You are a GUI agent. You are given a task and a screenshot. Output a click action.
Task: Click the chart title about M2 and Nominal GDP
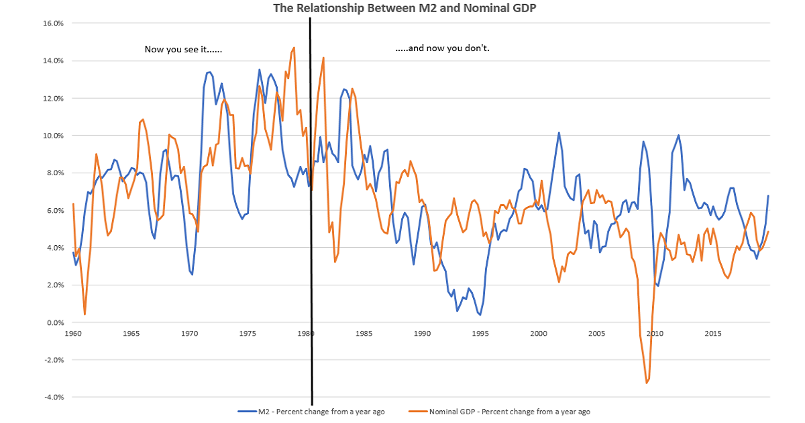[x=404, y=9]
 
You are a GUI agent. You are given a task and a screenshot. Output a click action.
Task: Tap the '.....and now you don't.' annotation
[x=443, y=49]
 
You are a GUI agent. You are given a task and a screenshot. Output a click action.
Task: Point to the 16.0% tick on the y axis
[x=53, y=23]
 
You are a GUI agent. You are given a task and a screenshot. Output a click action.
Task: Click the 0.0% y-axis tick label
[x=55, y=322]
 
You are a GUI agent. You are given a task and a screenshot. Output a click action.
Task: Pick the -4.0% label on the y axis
[x=54, y=397]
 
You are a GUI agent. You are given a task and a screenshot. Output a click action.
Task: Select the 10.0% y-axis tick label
[x=53, y=136]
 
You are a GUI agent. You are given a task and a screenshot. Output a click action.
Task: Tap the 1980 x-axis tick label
[x=306, y=334]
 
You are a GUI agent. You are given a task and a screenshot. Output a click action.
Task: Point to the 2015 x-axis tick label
[x=713, y=334]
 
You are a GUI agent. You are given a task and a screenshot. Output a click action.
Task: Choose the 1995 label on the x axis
[x=480, y=334]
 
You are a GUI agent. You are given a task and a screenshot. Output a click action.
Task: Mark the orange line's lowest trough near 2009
[x=647, y=383]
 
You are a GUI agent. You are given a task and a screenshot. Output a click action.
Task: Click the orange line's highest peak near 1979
[x=294, y=48]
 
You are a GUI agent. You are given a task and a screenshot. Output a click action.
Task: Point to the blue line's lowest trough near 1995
[x=480, y=314]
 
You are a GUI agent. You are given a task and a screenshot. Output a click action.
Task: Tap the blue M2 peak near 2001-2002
[x=559, y=133]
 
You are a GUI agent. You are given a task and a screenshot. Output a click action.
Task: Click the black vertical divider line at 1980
[x=311, y=201]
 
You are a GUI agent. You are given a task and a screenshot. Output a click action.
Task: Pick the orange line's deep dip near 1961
[x=85, y=314]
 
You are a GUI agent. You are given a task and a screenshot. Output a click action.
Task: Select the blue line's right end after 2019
[x=768, y=195]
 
